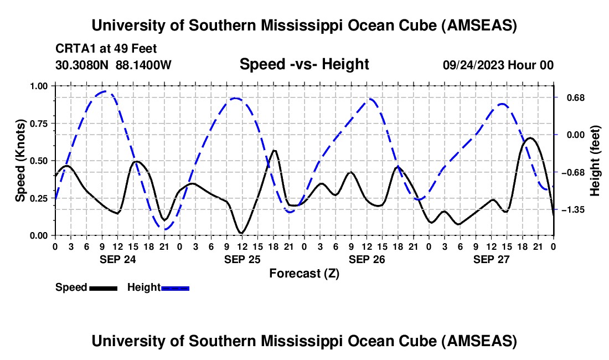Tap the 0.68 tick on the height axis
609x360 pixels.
point(571,97)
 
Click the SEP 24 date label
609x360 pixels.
point(117,259)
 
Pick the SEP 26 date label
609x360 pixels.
point(367,259)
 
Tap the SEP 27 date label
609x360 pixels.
point(491,259)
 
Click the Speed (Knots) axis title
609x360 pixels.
point(20,160)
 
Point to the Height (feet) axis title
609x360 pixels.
point(595,161)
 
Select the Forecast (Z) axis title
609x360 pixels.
point(304,273)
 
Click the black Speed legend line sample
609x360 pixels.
point(103,287)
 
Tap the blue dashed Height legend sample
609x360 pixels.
point(175,287)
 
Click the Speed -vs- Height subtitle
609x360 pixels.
point(304,64)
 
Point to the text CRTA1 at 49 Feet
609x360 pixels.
point(110,48)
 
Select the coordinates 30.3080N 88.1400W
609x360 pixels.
point(113,65)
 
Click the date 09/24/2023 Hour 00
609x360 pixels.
point(498,65)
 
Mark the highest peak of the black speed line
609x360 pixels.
point(530,138)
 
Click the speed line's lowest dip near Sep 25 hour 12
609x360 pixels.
point(241,233)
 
